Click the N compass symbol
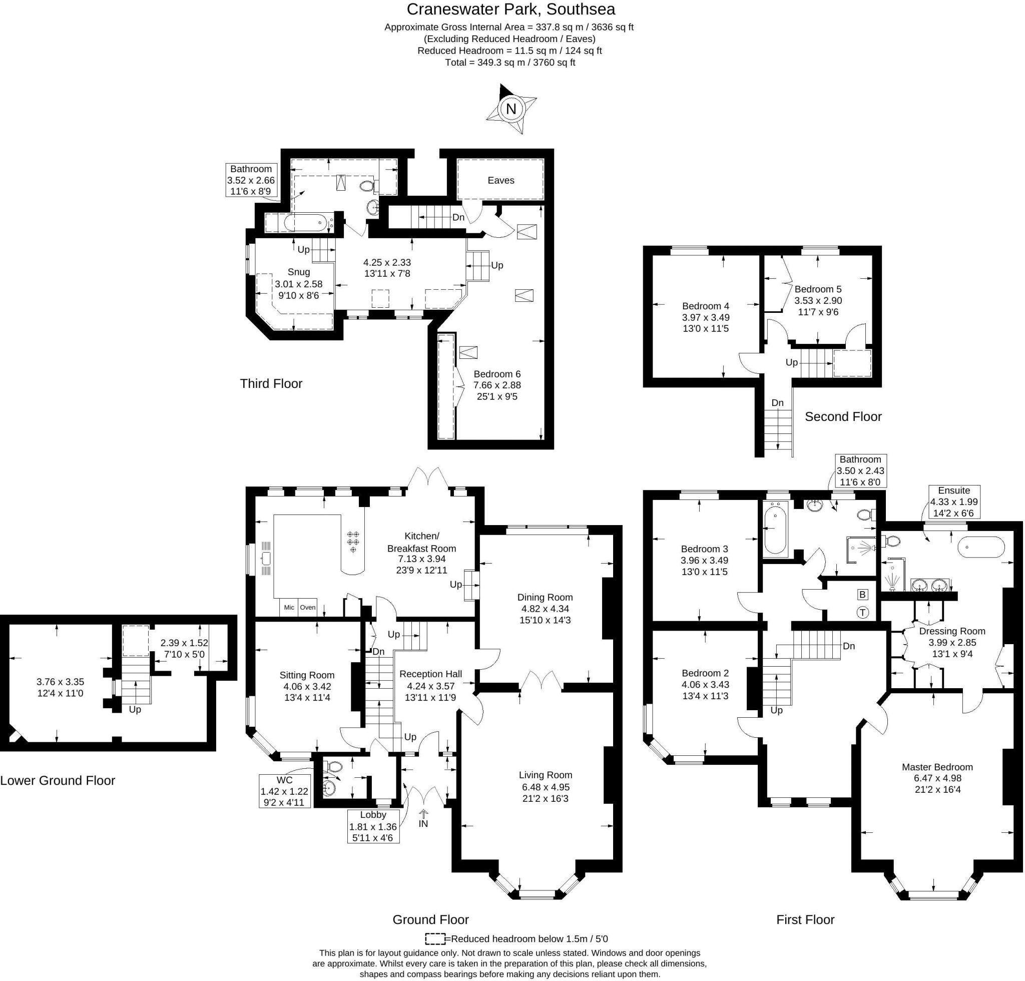pos(511,109)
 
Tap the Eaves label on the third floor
pos(500,180)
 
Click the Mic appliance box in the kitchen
pos(289,607)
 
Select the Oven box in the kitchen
pos(307,607)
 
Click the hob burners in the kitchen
pos(353,542)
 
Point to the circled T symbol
pos(862,612)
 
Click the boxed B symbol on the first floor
pos(862,595)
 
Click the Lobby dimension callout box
pos(373,826)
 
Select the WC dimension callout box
pos(284,791)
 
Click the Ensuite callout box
pos(954,502)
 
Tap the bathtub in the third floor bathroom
pos(308,223)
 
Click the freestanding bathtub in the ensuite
pos(981,548)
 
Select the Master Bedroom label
pos(937,767)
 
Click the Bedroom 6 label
pos(497,374)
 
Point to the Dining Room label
pos(545,597)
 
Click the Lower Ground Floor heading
pos(58,781)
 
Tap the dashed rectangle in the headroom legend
pos(434,939)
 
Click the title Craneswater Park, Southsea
pos(510,10)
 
